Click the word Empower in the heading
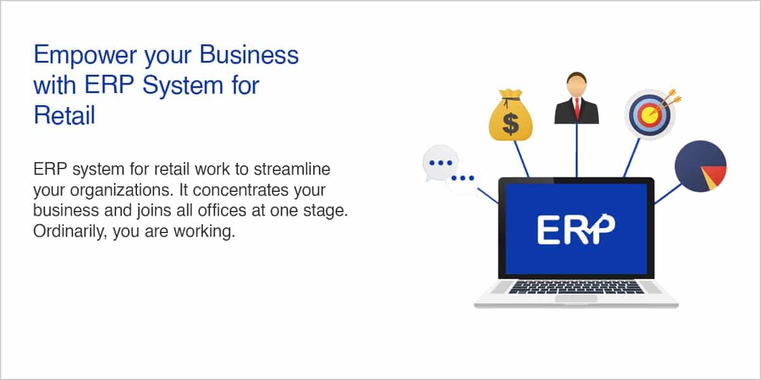pyautogui.click(x=85, y=55)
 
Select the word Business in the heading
pyautogui.click(x=249, y=54)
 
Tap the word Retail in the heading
pyautogui.click(x=64, y=115)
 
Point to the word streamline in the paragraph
pyautogui.click(x=292, y=169)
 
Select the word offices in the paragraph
pyautogui.click(x=222, y=210)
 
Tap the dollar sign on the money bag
pyautogui.click(x=511, y=124)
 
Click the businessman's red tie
pyautogui.click(x=577, y=108)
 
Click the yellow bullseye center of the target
pyautogui.click(x=649, y=115)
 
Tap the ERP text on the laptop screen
pyautogui.click(x=576, y=229)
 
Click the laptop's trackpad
pyautogui.click(x=576, y=298)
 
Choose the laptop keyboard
pyautogui.click(x=576, y=287)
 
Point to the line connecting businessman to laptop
pyautogui.click(x=576, y=150)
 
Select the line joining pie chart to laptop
pyautogui.click(x=668, y=194)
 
